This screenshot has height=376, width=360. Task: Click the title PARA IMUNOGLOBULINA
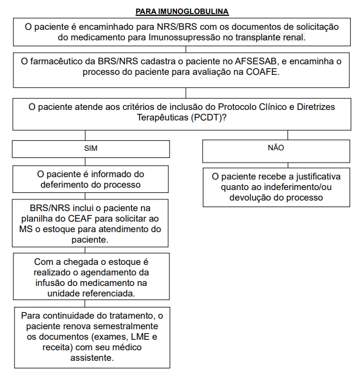click(182, 11)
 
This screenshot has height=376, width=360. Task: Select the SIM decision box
click(91, 149)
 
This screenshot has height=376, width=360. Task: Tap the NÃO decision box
click(275, 148)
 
